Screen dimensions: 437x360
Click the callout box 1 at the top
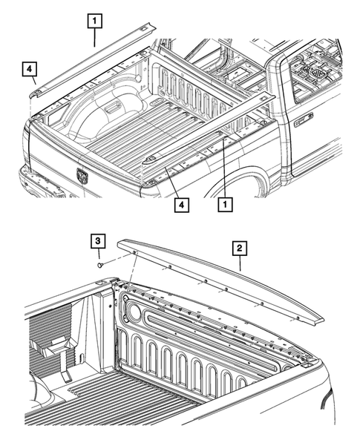coord(94,20)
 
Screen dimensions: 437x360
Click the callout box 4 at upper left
coord(29,70)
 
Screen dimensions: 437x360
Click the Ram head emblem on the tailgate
coord(82,176)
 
